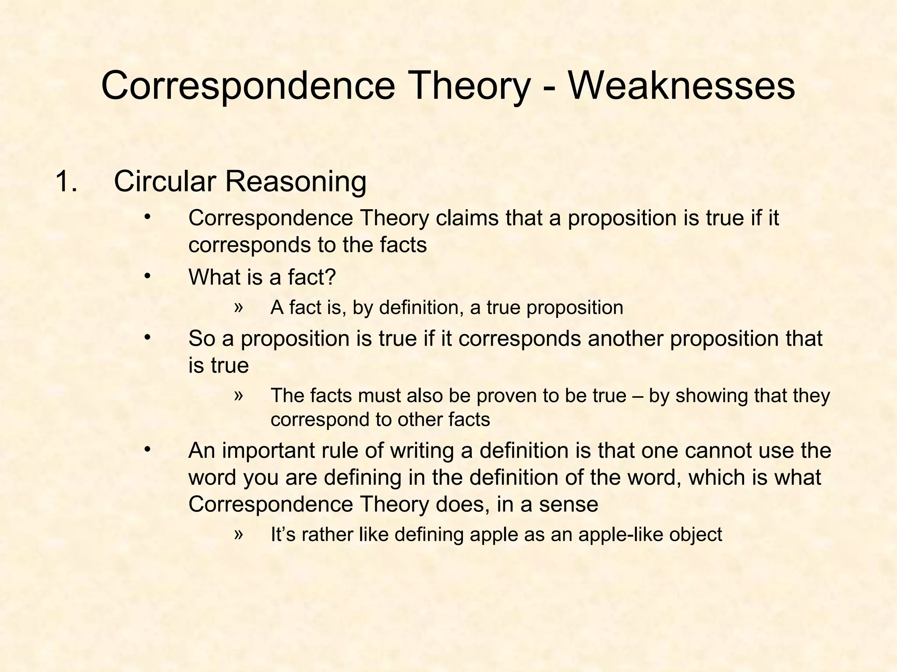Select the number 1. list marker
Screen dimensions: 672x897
pyautogui.click(x=66, y=182)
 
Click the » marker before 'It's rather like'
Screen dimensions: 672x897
pyautogui.click(x=238, y=534)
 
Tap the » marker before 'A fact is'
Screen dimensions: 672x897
pyautogui.click(x=238, y=307)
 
